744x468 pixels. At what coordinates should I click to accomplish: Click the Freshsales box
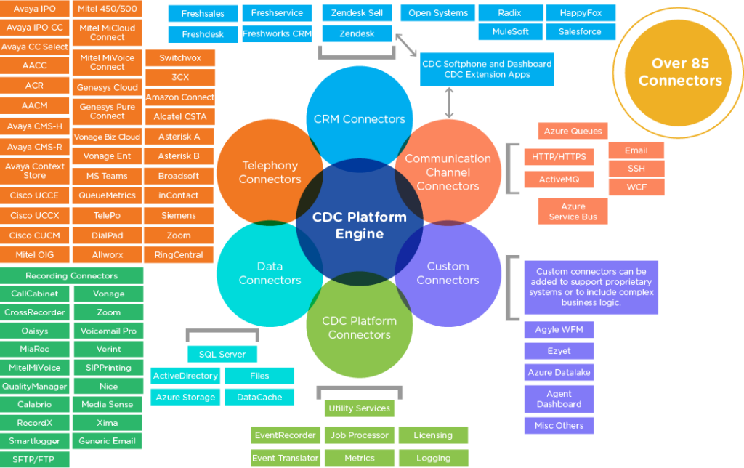coord(203,13)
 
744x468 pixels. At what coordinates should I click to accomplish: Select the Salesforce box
coord(580,32)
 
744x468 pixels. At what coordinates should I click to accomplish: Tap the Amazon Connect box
coord(180,97)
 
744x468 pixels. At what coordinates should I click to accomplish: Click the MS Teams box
coord(108,176)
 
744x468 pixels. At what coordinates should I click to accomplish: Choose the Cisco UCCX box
coord(35,216)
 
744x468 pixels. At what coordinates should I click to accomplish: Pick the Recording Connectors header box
coord(72,275)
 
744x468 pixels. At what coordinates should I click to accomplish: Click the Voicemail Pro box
coord(108,331)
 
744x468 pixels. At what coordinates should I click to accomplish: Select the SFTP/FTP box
coord(35,459)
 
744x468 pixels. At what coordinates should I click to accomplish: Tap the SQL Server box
coord(222,354)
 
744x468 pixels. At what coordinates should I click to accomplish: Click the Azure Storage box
coord(185,397)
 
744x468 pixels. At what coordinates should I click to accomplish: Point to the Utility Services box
coord(359,408)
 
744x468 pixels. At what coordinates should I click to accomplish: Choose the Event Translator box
coord(285,458)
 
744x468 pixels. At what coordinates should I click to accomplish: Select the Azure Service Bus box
coord(573,211)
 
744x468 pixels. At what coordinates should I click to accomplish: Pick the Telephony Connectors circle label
coord(270,172)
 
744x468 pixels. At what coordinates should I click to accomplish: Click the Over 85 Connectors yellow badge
coord(680,72)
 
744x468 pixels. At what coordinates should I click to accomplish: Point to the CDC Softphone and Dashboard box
coord(487,69)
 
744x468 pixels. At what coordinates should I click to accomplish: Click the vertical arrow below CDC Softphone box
coord(449,102)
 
